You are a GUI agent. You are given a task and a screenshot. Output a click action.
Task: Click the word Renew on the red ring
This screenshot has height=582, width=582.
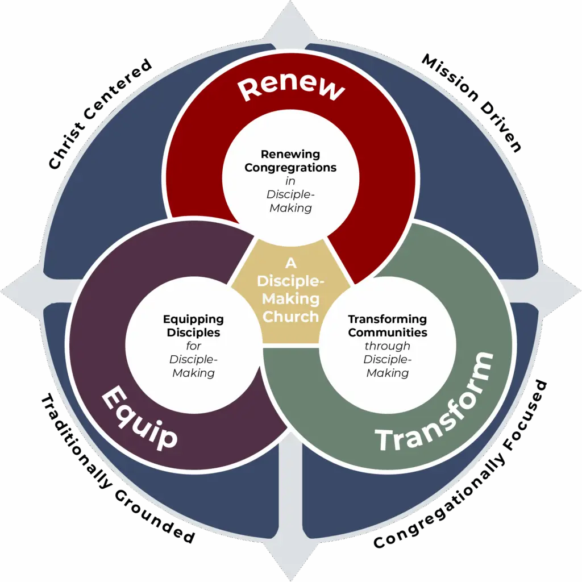(291, 90)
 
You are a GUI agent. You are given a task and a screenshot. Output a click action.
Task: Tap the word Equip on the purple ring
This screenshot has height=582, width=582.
(139, 418)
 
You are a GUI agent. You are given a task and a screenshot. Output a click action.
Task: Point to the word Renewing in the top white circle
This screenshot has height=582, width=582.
(290, 154)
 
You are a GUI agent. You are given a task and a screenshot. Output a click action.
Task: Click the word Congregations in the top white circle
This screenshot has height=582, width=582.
(290, 168)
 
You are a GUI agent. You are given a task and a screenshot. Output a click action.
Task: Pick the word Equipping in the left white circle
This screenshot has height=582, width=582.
(193, 319)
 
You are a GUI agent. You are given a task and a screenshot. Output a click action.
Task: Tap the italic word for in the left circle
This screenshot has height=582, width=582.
(193, 346)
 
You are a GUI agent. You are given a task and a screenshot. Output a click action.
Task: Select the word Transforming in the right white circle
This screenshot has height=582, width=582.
(388, 319)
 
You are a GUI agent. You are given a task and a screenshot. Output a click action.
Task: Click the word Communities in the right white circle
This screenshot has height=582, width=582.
(388, 332)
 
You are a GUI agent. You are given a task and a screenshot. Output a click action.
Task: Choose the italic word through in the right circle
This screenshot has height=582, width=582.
(388, 346)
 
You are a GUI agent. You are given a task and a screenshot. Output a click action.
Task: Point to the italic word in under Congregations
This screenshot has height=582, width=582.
(290, 181)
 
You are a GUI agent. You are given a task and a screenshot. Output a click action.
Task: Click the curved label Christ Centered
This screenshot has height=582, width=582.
(99, 114)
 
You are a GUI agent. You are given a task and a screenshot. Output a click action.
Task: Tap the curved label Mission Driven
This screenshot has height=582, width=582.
(472, 102)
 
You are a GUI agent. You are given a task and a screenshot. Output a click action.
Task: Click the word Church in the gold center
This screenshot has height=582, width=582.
(290, 317)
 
